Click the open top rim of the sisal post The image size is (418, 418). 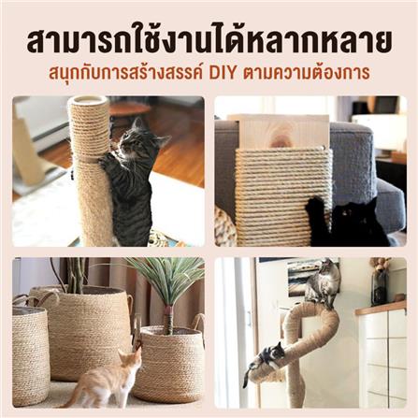point(89,102)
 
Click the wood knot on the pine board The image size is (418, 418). point(281,140)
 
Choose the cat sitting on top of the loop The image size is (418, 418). point(323,282)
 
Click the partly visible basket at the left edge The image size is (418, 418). point(30,355)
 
